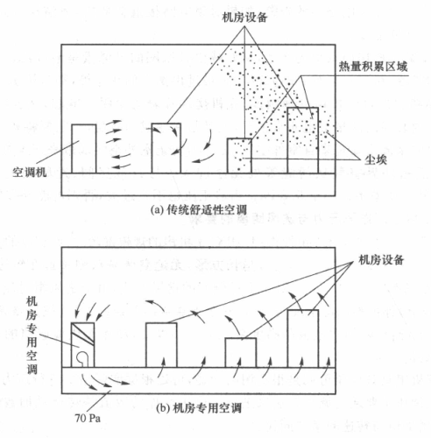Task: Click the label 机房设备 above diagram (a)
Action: (244, 18)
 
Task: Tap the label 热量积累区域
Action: (373, 67)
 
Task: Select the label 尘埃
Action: (376, 159)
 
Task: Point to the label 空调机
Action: (29, 172)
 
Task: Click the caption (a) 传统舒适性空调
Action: (199, 210)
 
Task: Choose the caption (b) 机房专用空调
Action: (199, 408)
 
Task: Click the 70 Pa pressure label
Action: (88, 419)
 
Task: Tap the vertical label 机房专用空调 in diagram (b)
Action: (32, 335)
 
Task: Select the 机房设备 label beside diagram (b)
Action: (381, 259)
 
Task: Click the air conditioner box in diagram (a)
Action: (84, 149)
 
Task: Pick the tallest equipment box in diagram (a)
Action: (303, 140)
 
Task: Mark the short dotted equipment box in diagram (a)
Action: (239, 156)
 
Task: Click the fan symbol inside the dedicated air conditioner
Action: (82, 358)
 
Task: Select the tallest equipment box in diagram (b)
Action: (303, 338)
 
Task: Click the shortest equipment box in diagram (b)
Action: (241, 353)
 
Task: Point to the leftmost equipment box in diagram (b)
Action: (161, 345)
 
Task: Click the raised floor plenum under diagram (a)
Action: (198, 184)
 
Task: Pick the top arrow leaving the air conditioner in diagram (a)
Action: (113, 122)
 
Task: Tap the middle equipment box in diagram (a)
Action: (166, 148)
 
